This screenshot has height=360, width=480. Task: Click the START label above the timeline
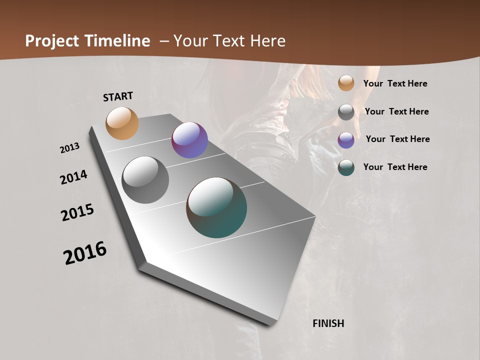pos(118,96)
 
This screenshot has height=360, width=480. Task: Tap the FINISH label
pos(328,323)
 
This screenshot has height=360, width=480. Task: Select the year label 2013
pos(70,148)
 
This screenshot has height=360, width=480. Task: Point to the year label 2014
pos(74,177)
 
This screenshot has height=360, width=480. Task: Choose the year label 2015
pos(77,212)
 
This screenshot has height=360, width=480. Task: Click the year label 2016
pos(85,253)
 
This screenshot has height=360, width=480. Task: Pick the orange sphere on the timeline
pos(122,123)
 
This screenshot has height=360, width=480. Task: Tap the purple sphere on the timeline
pos(189,140)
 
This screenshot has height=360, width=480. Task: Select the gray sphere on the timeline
pos(145,180)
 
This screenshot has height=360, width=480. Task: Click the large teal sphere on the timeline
pos(216,207)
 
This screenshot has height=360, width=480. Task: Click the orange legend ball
pos(346,83)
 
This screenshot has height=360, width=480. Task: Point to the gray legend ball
pos(346,112)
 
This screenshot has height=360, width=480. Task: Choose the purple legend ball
pos(346,140)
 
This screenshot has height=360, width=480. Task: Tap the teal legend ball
pos(346,167)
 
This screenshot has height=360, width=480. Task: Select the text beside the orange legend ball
pos(395,84)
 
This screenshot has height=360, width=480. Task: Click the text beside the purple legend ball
pos(397,139)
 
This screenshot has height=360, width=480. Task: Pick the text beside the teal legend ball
pos(395,167)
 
